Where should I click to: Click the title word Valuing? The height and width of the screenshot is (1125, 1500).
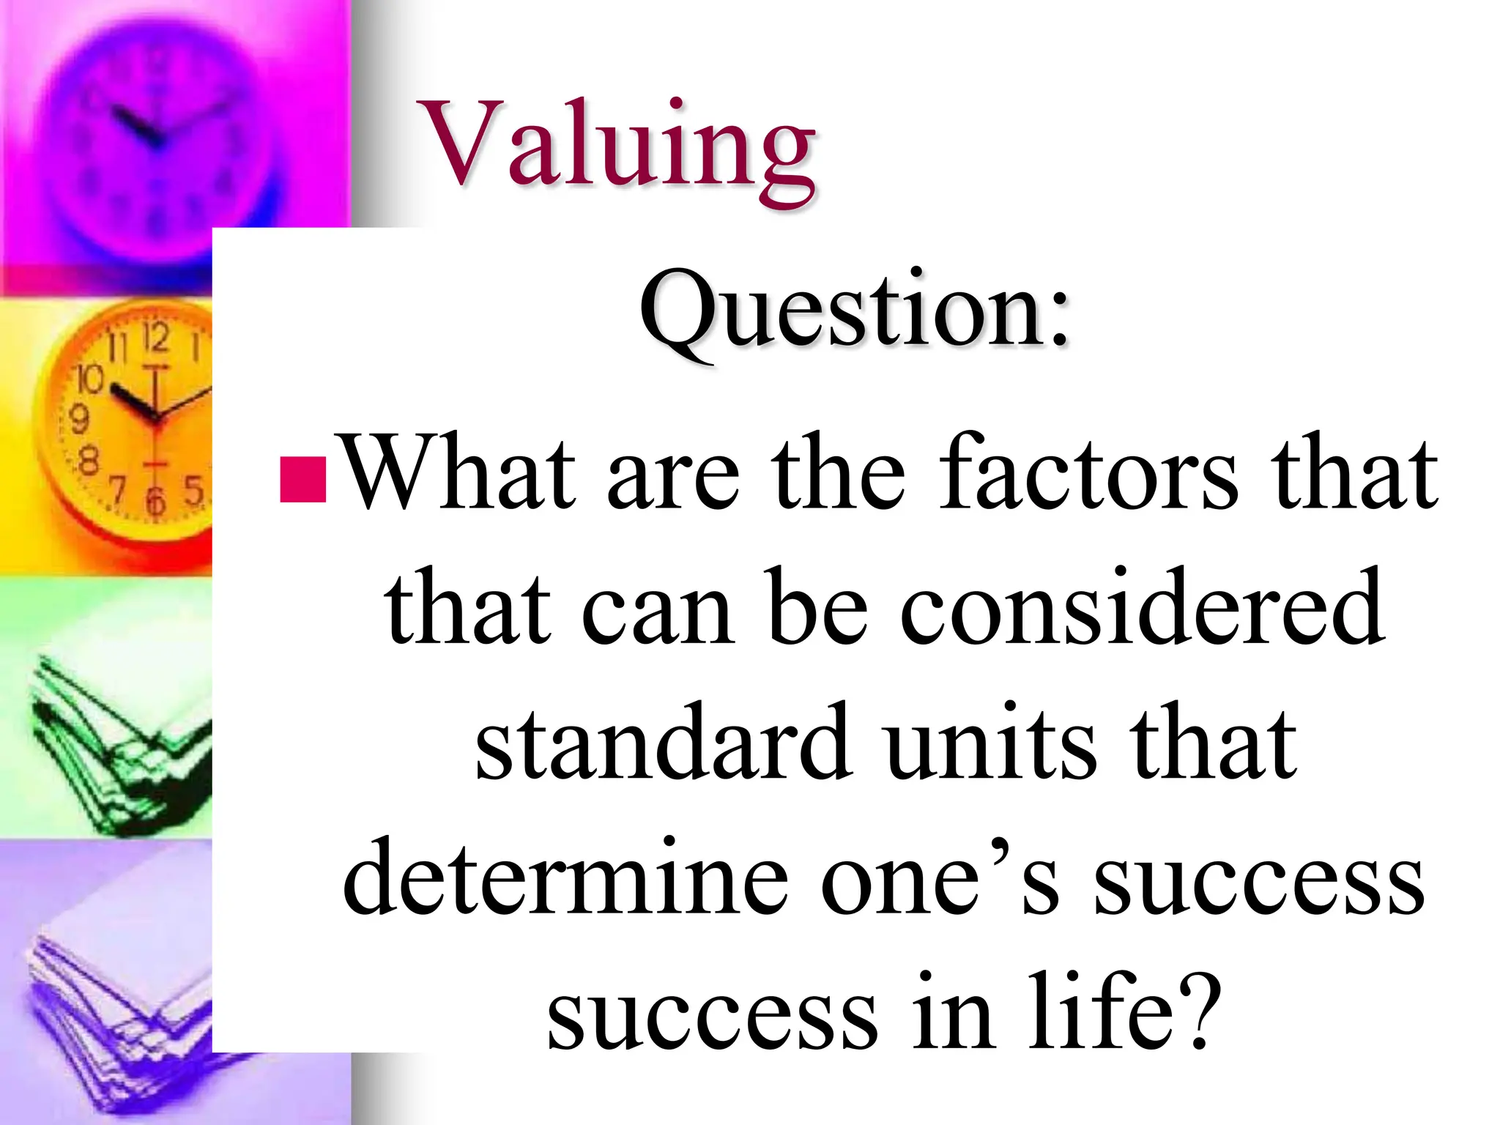click(620, 146)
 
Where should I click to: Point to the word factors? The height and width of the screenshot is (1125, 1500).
click(1088, 472)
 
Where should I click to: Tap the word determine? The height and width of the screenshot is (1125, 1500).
click(565, 877)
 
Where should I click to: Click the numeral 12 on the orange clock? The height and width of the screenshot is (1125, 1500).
click(155, 338)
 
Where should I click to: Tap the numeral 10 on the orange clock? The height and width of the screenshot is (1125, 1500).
click(91, 379)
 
